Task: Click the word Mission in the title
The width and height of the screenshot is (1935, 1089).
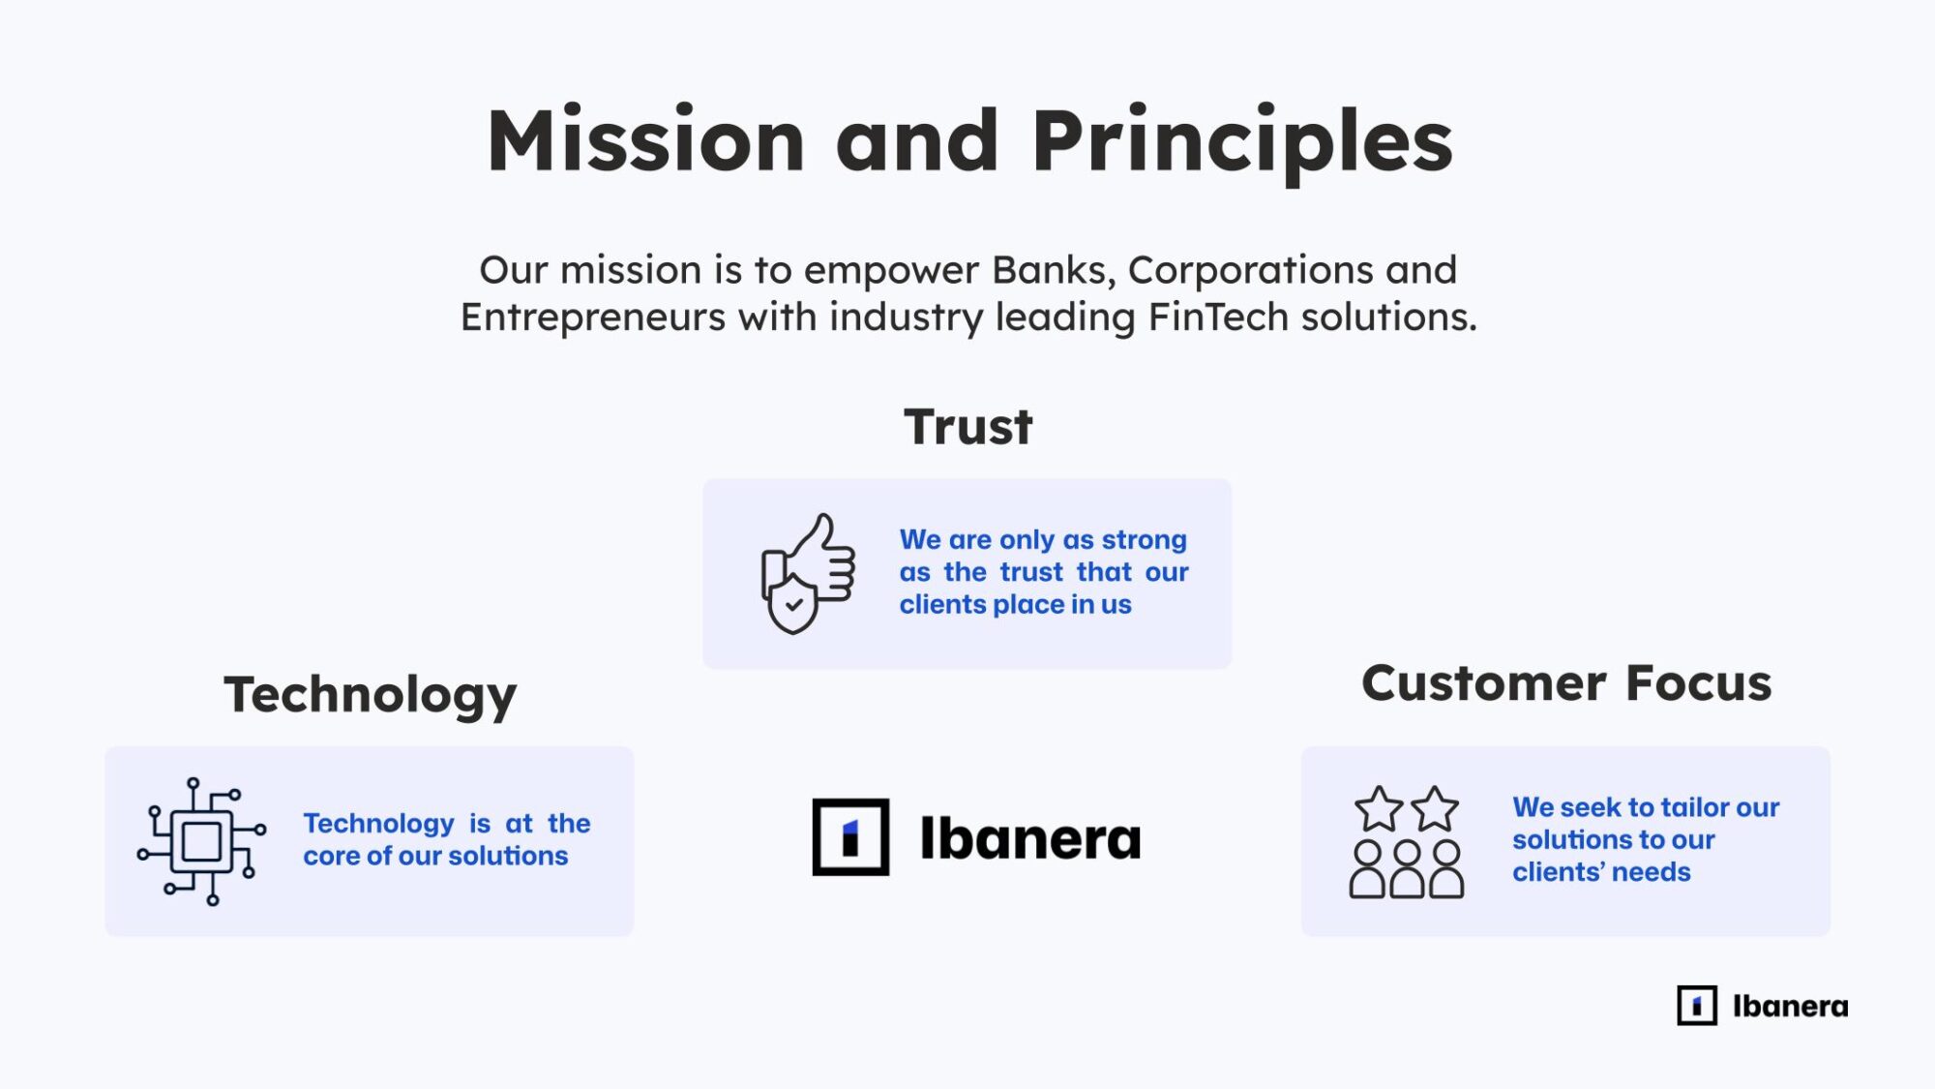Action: tap(646, 141)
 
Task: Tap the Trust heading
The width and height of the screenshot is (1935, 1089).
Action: tap(968, 427)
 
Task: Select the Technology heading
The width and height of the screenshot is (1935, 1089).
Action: tap(371, 696)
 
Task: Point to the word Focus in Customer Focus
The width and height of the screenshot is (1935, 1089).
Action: tap(1699, 683)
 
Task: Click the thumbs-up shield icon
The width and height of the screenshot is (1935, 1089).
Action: tap(808, 573)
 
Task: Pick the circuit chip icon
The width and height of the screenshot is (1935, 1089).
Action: tap(201, 841)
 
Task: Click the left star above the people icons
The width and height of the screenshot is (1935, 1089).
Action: tap(1379, 809)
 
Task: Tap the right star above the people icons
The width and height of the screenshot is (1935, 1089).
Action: tap(1435, 809)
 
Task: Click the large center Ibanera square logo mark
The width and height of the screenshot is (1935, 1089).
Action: tap(850, 837)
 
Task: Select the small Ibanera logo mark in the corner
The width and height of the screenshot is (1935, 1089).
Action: tap(1697, 1006)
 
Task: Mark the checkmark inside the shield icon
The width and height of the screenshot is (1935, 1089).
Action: tap(793, 606)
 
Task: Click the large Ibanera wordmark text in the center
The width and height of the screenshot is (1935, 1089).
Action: tap(1030, 838)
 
